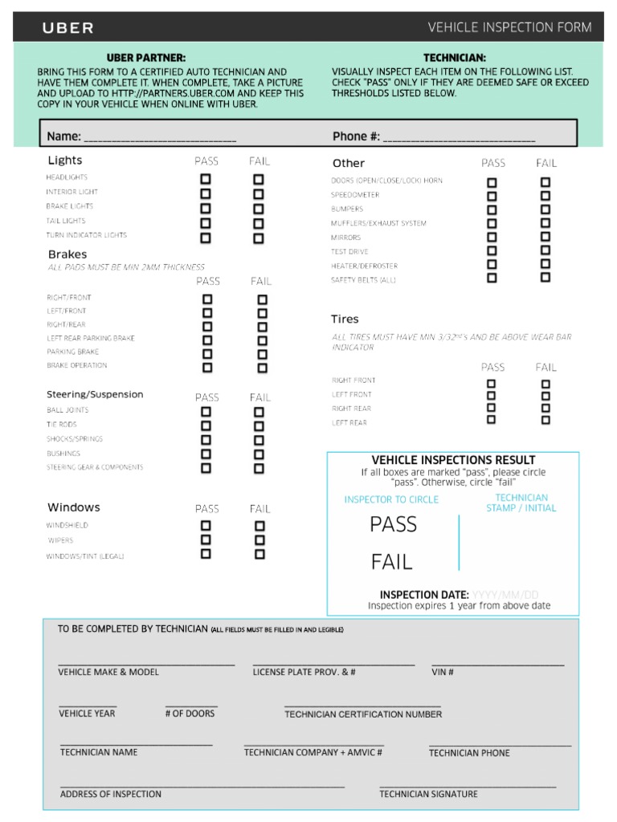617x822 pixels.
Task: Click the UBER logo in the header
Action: tap(68, 28)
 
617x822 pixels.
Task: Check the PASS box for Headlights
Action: tap(206, 179)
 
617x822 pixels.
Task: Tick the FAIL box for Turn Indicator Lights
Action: tap(259, 238)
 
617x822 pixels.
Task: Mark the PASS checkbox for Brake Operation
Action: tap(207, 368)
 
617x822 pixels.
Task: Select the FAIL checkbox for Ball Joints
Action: tap(259, 412)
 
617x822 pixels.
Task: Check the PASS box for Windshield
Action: tap(206, 526)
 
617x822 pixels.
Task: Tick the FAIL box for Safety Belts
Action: tap(545, 278)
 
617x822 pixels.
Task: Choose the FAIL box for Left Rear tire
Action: tap(545, 419)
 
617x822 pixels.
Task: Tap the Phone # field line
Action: tap(459, 137)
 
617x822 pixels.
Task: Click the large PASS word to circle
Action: tap(394, 525)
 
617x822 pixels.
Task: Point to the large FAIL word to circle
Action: tap(392, 562)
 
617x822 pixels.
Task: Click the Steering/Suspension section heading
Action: tap(95, 394)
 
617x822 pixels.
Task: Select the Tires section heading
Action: tap(345, 319)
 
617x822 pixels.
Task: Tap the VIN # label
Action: tap(443, 672)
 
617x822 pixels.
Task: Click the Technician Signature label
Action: tap(428, 794)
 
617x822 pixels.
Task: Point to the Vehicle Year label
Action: tap(87, 713)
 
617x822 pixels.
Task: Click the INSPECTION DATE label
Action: tap(424, 595)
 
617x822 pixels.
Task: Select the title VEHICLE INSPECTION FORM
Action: tap(509, 27)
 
